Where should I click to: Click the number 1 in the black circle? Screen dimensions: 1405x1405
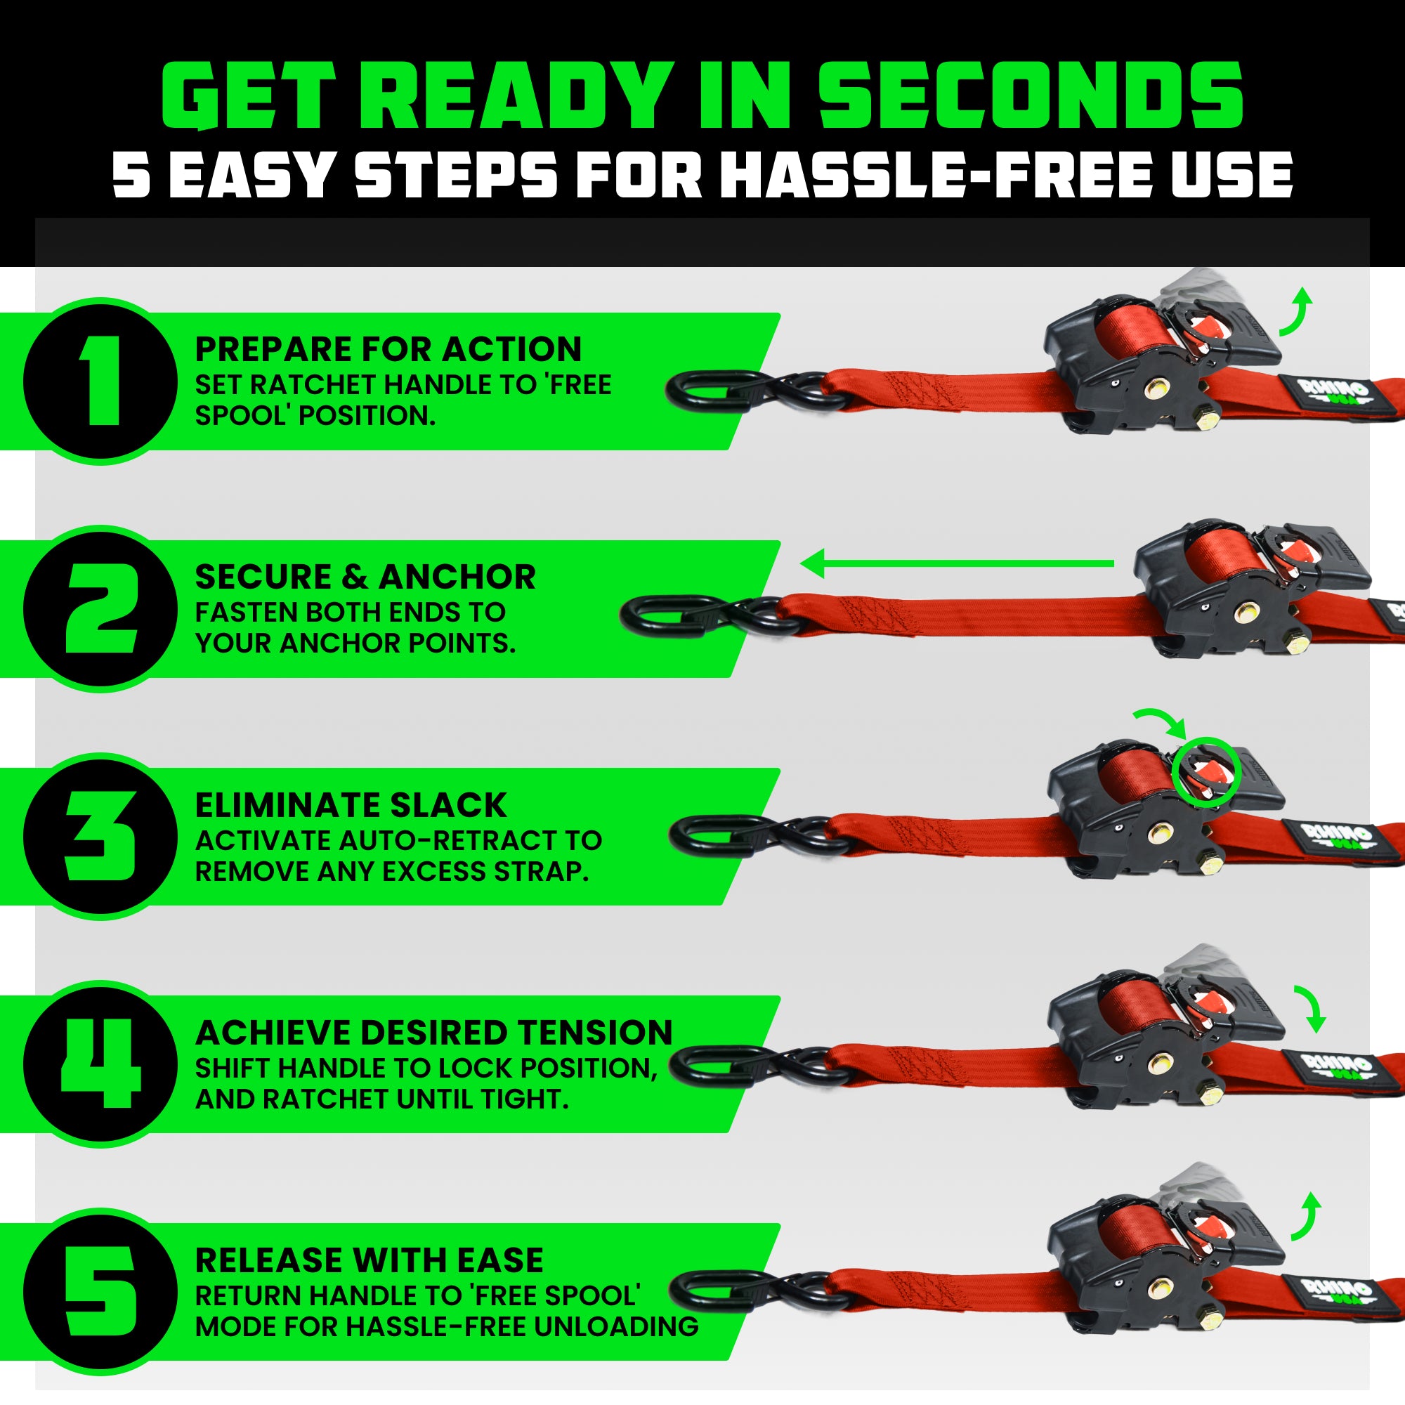[x=101, y=381]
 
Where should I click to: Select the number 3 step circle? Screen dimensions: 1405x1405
[x=101, y=836]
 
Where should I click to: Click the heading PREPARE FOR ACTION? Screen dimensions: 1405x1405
[x=388, y=349]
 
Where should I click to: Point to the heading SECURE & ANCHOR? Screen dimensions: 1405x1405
[x=365, y=577]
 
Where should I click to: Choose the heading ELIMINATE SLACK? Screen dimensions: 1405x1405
[x=351, y=805]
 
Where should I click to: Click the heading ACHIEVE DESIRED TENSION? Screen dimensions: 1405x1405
[x=434, y=1033]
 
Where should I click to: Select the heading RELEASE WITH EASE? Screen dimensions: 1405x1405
[x=369, y=1260]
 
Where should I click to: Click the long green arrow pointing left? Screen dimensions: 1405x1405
[x=956, y=563]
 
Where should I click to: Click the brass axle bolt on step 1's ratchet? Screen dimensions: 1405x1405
[x=1154, y=389]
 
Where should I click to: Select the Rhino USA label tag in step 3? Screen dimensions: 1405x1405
[x=1337, y=835]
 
